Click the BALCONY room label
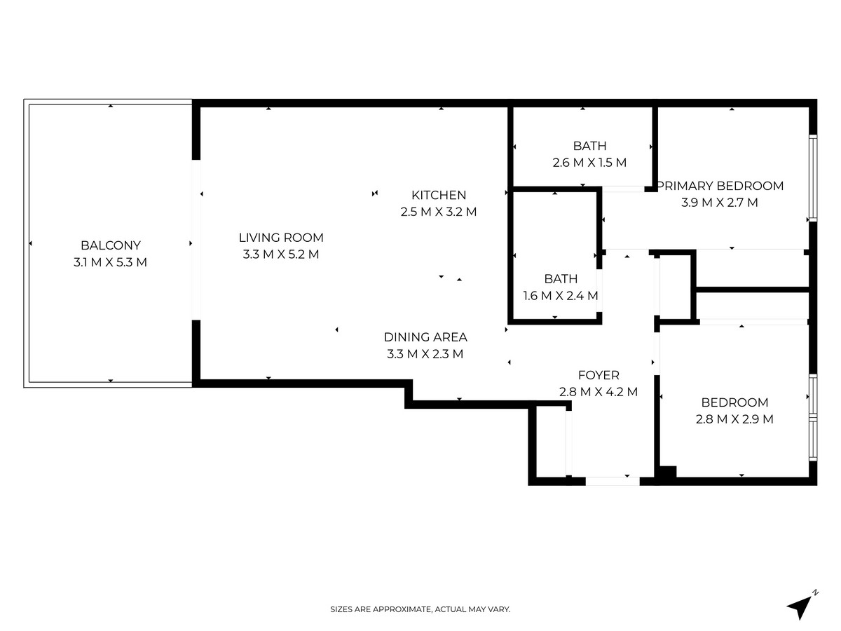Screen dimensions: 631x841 tap(111, 245)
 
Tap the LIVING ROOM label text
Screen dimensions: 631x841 tap(281, 238)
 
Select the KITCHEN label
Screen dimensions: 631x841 tap(439, 195)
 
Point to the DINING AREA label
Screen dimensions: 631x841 tap(425, 337)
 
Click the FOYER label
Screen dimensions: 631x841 tap(599, 375)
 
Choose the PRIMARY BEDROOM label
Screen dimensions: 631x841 tap(720, 186)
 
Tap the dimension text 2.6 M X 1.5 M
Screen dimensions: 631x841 tap(589, 163)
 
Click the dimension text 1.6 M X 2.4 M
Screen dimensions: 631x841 tap(561, 296)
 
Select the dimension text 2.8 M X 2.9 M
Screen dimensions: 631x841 tap(734, 419)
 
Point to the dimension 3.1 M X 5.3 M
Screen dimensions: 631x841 tap(111, 263)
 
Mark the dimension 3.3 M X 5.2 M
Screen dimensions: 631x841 tap(281, 255)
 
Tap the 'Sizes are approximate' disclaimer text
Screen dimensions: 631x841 tap(420, 610)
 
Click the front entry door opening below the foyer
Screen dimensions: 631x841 tap(612, 481)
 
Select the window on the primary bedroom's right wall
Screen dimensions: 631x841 tap(813, 178)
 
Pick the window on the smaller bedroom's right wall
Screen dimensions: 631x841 tap(813, 418)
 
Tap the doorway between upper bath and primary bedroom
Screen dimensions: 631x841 tap(624, 189)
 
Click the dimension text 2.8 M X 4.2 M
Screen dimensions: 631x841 tap(599, 392)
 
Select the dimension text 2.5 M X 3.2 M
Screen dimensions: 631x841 tap(439, 212)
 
